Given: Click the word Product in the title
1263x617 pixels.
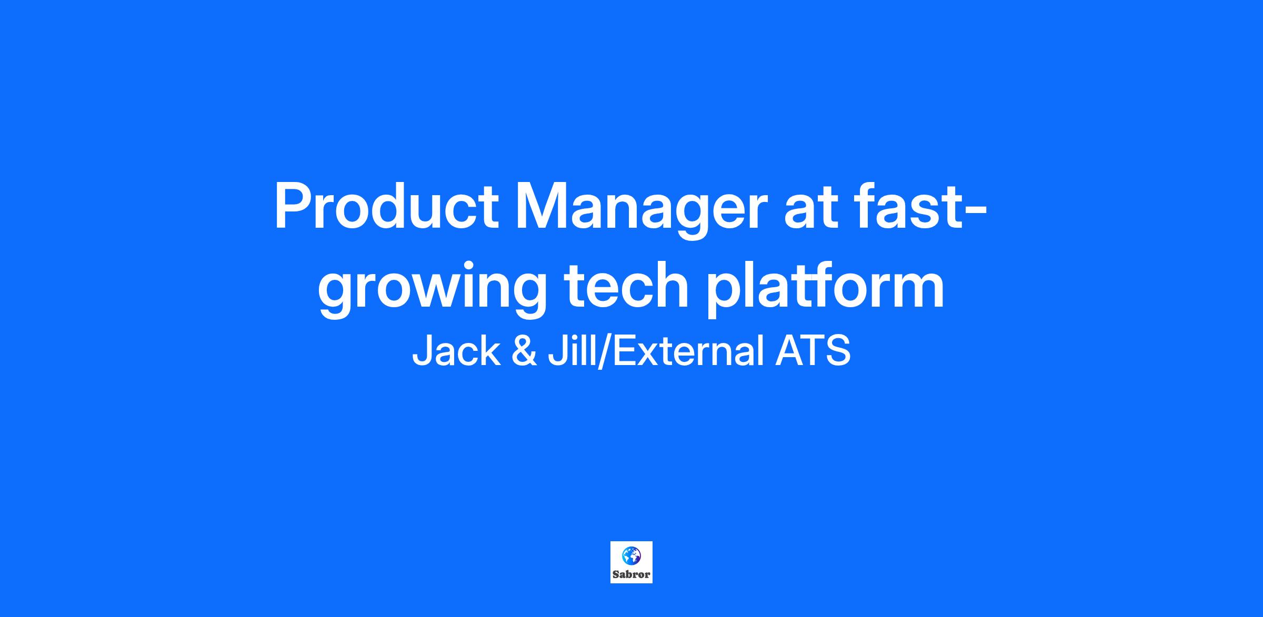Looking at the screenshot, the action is (386, 206).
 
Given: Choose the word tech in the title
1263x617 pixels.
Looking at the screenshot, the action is (626, 285).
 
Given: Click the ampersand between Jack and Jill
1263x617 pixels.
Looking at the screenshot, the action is (525, 351).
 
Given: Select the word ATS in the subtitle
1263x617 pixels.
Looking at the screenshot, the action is (813, 351).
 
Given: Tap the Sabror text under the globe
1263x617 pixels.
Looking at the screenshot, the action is (631, 574).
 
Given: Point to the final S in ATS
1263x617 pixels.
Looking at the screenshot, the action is (838, 351).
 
